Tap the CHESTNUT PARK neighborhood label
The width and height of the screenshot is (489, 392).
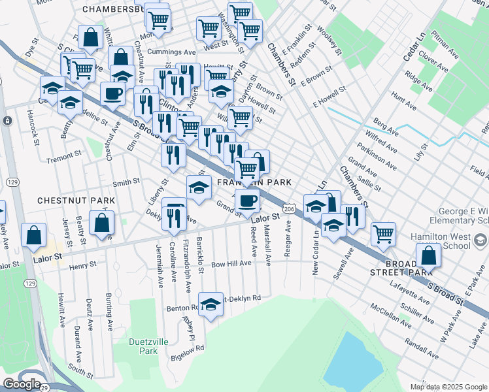tap(67, 200)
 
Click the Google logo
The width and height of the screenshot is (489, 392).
tap(22, 384)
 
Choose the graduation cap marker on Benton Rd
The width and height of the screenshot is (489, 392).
tap(210, 304)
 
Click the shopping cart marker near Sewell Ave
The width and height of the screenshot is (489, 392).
tap(383, 233)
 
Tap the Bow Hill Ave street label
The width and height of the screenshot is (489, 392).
tap(231, 263)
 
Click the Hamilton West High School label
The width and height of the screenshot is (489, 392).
tap(451, 241)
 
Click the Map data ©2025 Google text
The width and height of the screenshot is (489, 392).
tap(448, 387)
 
